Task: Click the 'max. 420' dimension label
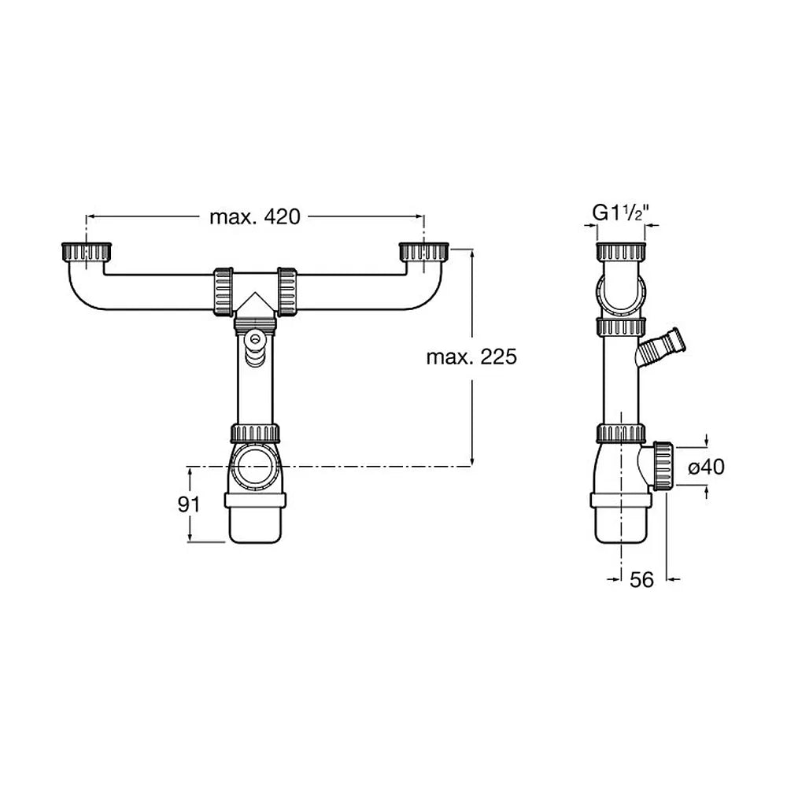(254, 217)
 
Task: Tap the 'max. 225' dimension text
(471, 357)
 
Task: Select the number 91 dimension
(189, 504)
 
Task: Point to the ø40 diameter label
(706, 467)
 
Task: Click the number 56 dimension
(641, 580)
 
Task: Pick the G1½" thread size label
(621, 212)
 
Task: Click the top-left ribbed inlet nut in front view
(87, 252)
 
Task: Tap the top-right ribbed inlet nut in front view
(423, 252)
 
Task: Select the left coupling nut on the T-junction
(224, 292)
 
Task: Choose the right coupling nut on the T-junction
(286, 292)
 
